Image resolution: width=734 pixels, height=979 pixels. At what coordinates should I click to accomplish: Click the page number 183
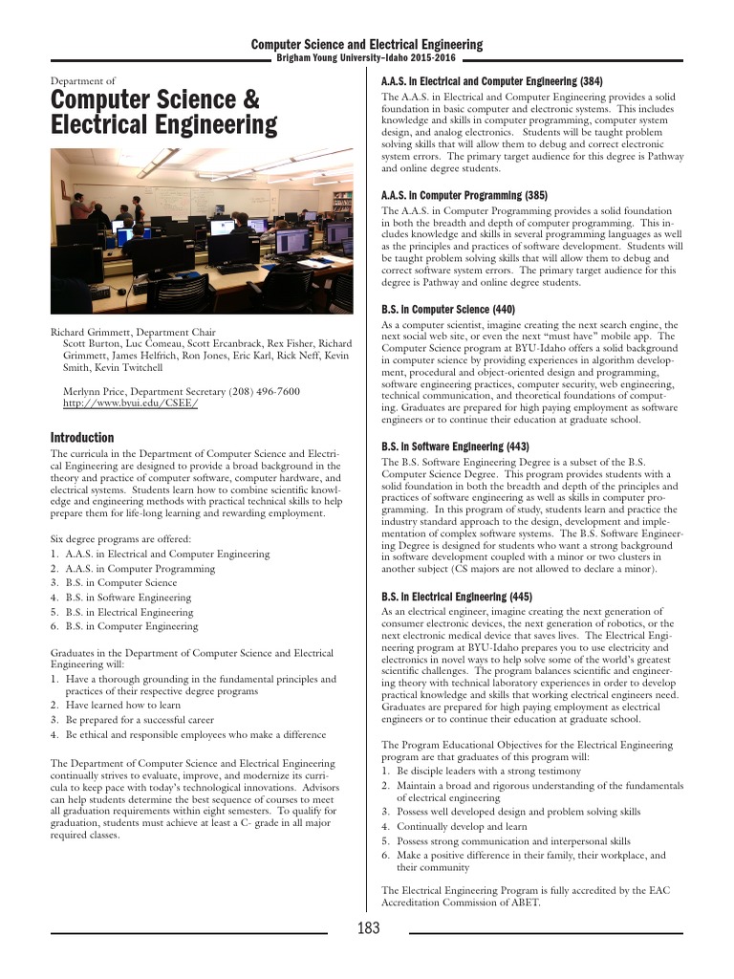point(368,928)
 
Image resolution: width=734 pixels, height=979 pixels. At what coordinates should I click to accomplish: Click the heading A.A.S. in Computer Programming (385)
point(464,195)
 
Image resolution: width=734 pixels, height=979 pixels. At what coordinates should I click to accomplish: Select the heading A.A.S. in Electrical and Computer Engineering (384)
point(491,81)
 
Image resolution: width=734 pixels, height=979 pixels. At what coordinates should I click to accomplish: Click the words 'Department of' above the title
point(83,81)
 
